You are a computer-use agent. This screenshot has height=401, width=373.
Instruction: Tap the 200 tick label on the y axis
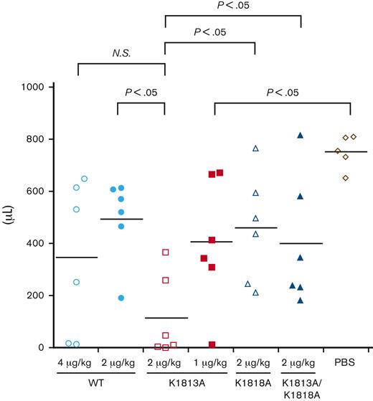point(37,296)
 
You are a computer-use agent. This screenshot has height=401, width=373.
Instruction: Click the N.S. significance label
point(121,52)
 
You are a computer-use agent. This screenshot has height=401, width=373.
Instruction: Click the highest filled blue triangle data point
point(301,136)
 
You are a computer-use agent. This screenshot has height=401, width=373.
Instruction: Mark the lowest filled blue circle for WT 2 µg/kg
point(121,298)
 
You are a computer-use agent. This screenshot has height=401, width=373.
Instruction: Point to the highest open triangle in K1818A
point(255,148)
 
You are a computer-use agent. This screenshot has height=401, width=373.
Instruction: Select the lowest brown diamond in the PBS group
point(346,177)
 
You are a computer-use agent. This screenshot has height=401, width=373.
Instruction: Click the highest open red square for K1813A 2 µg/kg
point(166,253)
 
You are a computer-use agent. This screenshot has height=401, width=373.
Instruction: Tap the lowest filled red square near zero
point(212,345)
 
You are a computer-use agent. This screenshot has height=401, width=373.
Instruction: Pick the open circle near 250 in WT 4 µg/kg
point(77,282)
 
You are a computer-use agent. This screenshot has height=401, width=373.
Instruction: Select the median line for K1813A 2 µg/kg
point(166,318)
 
